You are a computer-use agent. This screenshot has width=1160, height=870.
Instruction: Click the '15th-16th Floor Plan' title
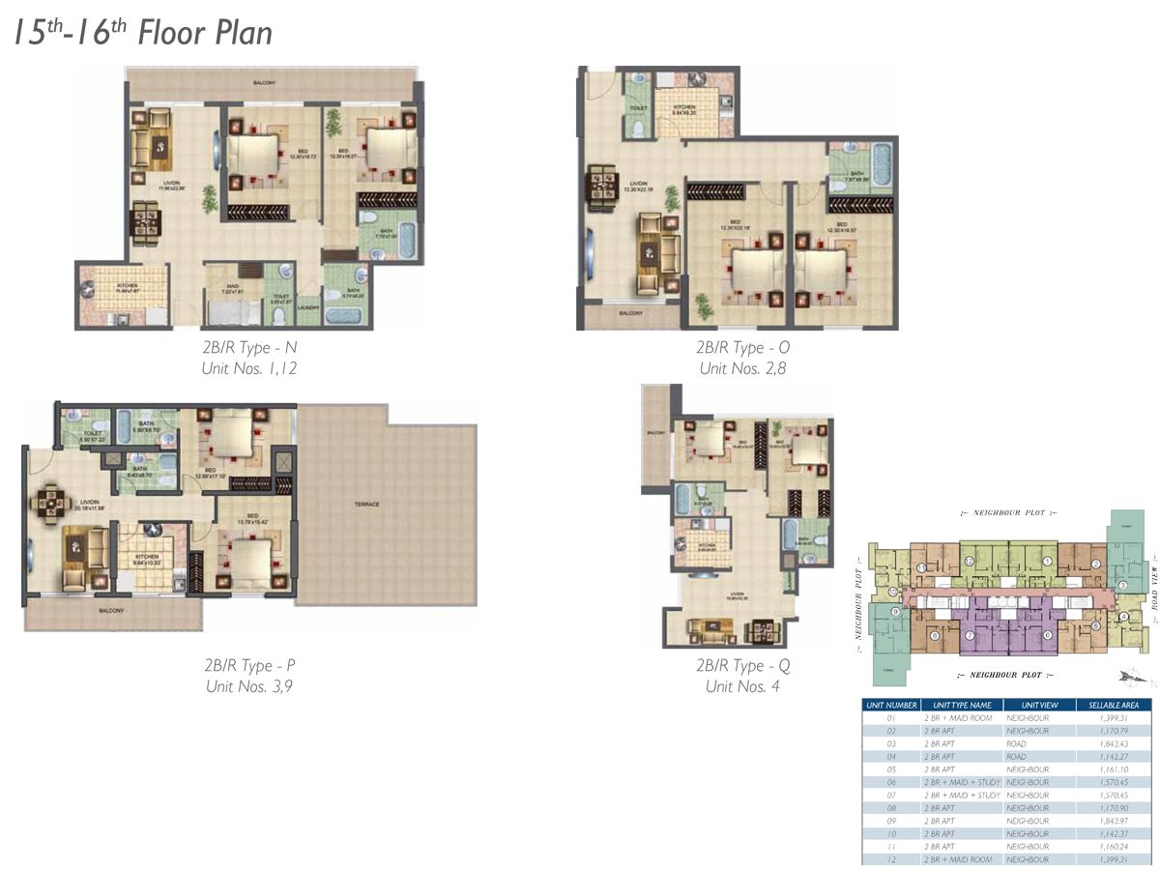point(143,32)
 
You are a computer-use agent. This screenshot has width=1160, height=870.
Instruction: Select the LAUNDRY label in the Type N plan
point(307,307)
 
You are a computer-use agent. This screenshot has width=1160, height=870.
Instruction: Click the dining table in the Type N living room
point(147,221)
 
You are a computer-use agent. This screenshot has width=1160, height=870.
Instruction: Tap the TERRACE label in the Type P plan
point(366,505)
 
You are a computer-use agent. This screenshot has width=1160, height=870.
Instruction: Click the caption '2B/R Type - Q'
point(743,666)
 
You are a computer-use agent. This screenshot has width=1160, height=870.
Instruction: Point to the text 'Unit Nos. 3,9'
point(250,686)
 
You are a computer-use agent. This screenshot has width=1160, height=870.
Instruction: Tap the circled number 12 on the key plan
point(969,562)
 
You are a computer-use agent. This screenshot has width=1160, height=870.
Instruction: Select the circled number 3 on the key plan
point(1123,585)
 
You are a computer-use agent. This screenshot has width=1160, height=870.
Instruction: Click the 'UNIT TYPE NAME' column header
point(960,705)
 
